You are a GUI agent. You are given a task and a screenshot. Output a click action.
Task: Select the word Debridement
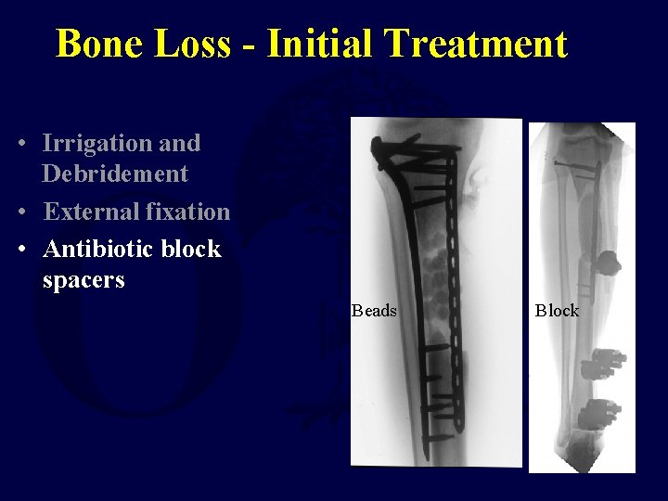coord(115,173)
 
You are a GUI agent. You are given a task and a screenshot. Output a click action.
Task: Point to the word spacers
coord(83,279)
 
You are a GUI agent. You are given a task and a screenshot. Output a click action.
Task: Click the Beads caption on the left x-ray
coord(374,311)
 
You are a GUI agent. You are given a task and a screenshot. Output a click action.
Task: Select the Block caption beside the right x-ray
coord(557,311)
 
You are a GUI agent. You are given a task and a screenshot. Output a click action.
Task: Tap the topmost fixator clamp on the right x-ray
coord(608,265)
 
